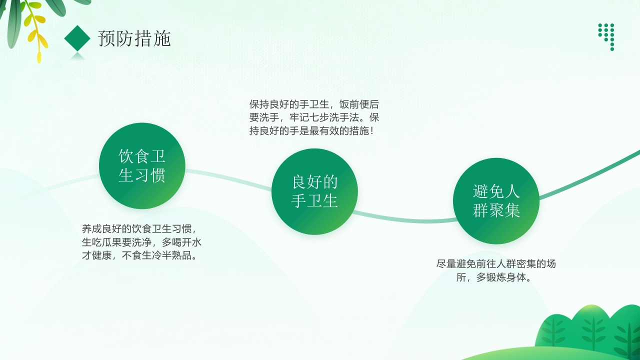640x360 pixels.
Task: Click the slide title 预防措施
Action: point(134,38)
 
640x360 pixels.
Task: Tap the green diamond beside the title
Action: point(77,38)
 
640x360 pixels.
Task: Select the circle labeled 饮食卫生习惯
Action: point(142,166)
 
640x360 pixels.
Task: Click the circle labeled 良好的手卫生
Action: point(314,191)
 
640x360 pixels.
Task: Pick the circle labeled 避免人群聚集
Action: point(496,201)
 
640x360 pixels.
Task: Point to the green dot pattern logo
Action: point(606,35)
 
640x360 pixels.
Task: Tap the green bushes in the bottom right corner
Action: point(590,330)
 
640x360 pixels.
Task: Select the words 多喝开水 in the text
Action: point(181,242)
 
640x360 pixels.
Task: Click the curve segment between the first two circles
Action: point(227,177)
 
